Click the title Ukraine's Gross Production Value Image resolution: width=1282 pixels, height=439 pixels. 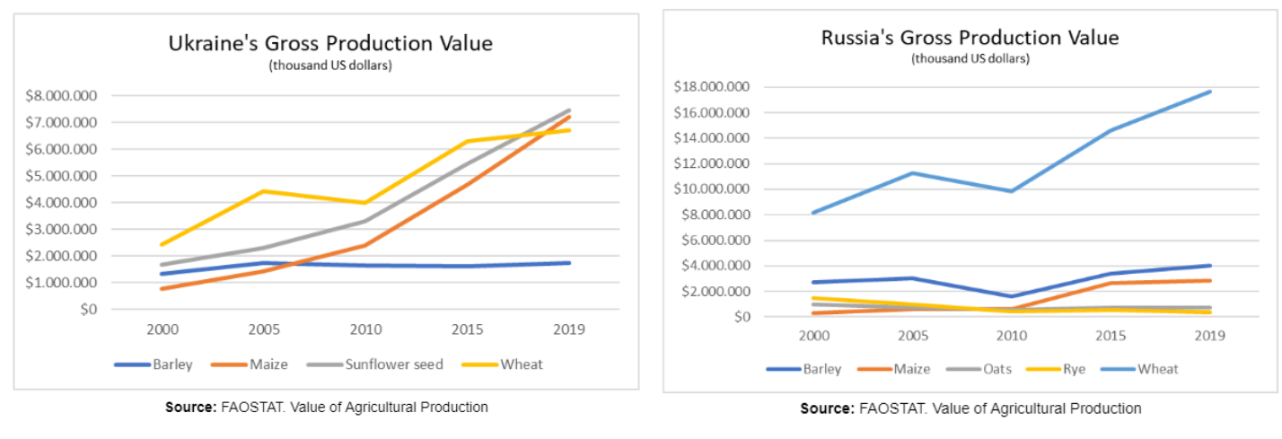click(331, 43)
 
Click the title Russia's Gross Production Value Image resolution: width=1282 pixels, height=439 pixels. click(970, 38)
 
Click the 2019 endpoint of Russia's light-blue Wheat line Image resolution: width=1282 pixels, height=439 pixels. click(1209, 92)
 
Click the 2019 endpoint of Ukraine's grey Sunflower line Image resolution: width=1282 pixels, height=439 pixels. click(568, 110)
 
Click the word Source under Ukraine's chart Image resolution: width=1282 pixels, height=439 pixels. click(189, 407)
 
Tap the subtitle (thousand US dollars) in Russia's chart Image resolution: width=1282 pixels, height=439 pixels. click(970, 59)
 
